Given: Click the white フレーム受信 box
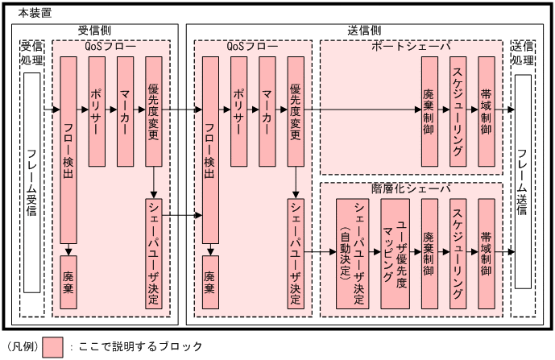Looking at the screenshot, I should click(31, 183).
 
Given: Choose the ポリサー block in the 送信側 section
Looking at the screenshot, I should click(238, 111).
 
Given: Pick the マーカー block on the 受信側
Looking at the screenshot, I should click(125, 111).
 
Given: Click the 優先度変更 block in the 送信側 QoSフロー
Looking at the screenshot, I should click(296, 111).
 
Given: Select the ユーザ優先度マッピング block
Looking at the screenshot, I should click(396, 253).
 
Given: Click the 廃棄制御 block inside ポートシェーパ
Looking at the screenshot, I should click(428, 111).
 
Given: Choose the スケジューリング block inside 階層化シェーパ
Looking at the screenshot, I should click(458, 253).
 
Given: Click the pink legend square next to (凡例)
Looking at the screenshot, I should click(54, 346).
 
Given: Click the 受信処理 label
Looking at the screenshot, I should click(31, 54).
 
